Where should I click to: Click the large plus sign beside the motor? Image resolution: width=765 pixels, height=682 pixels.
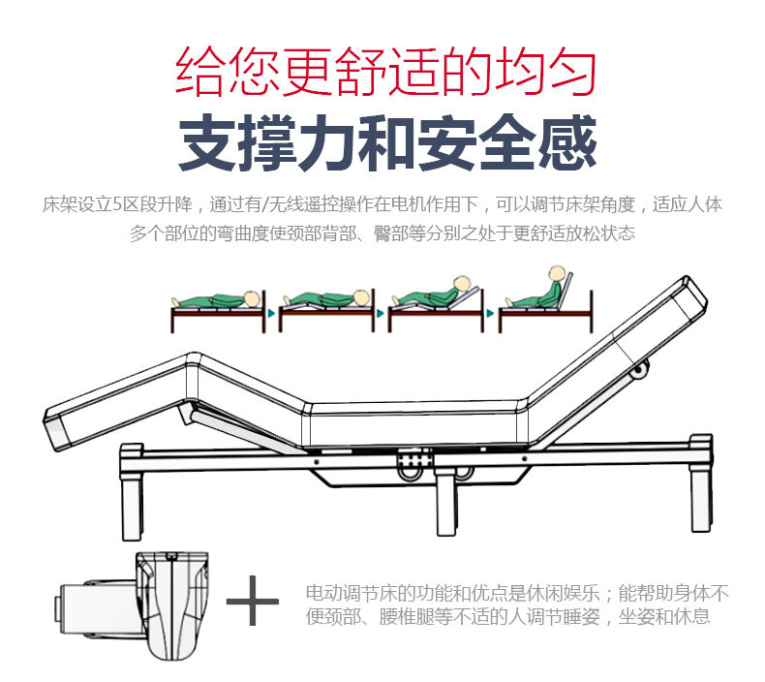click(x=252, y=601)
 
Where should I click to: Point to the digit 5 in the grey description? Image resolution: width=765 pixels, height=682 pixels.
click(x=117, y=204)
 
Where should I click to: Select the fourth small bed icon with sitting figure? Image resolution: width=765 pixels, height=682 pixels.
click(x=545, y=299)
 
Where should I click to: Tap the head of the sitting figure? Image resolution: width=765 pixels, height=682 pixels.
click(x=556, y=273)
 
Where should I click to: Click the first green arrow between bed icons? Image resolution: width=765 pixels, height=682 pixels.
click(x=271, y=314)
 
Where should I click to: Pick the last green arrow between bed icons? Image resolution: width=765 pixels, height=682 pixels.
click(x=490, y=314)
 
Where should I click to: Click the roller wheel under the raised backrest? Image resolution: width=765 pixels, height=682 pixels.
click(x=640, y=370)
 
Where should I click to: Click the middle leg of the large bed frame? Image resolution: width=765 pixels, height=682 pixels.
click(x=447, y=503)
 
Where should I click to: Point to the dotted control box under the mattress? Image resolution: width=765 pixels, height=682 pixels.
click(x=414, y=459)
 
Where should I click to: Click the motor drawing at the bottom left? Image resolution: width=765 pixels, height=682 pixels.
click(x=132, y=606)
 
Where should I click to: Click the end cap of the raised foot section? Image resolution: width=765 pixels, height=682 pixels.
click(x=58, y=429)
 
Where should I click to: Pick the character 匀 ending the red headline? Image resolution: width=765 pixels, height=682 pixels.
click(x=571, y=72)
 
